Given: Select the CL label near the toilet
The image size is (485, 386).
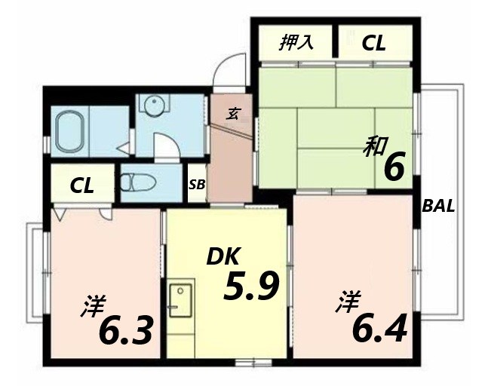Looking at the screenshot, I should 83,185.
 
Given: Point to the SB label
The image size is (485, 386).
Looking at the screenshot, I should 196,185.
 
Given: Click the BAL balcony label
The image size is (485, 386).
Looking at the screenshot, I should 439,206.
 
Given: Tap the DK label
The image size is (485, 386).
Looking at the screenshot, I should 223,258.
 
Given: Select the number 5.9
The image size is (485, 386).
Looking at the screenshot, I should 251,286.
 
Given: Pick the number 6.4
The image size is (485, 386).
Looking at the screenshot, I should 380,326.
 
